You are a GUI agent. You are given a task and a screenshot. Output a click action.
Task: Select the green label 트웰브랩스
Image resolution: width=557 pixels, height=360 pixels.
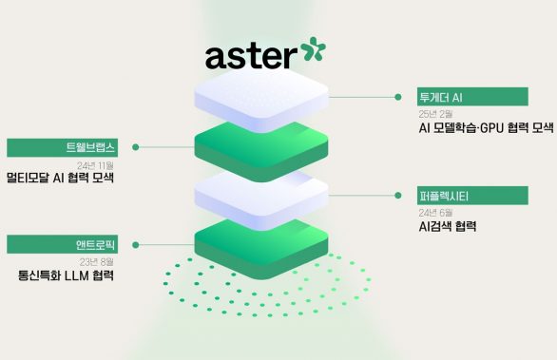[62, 147]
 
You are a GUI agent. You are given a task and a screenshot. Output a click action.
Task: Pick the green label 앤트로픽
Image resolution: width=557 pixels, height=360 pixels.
[62, 245]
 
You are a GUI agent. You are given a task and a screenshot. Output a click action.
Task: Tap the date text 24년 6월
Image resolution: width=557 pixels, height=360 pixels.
[434, 213]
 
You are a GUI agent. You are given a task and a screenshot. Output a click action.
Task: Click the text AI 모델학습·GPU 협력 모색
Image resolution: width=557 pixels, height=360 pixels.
[485, 128]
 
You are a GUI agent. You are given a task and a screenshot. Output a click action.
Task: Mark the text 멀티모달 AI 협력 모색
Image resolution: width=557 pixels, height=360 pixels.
[60, 179]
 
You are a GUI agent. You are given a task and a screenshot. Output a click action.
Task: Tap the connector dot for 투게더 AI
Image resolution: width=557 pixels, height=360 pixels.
[396, 96]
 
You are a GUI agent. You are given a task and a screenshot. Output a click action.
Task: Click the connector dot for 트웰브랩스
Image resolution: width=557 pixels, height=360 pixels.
[136, 147]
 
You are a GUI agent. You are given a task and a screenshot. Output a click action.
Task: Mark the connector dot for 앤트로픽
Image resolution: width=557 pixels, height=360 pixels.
[136, 245]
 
